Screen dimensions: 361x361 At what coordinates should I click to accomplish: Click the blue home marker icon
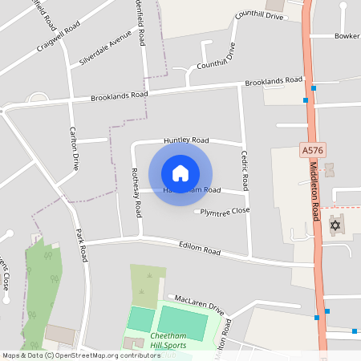pos(180,173)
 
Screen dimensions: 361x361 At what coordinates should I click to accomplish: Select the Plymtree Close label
pos(225,211)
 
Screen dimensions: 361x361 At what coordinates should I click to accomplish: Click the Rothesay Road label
pos(136,193)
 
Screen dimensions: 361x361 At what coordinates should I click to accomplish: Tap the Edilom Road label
pos(200,249)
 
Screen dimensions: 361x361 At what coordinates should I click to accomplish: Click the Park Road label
pos(81,245)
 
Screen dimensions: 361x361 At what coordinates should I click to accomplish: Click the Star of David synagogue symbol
pos(335,224)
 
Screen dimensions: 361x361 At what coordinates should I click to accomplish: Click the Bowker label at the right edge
pos(347,36)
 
